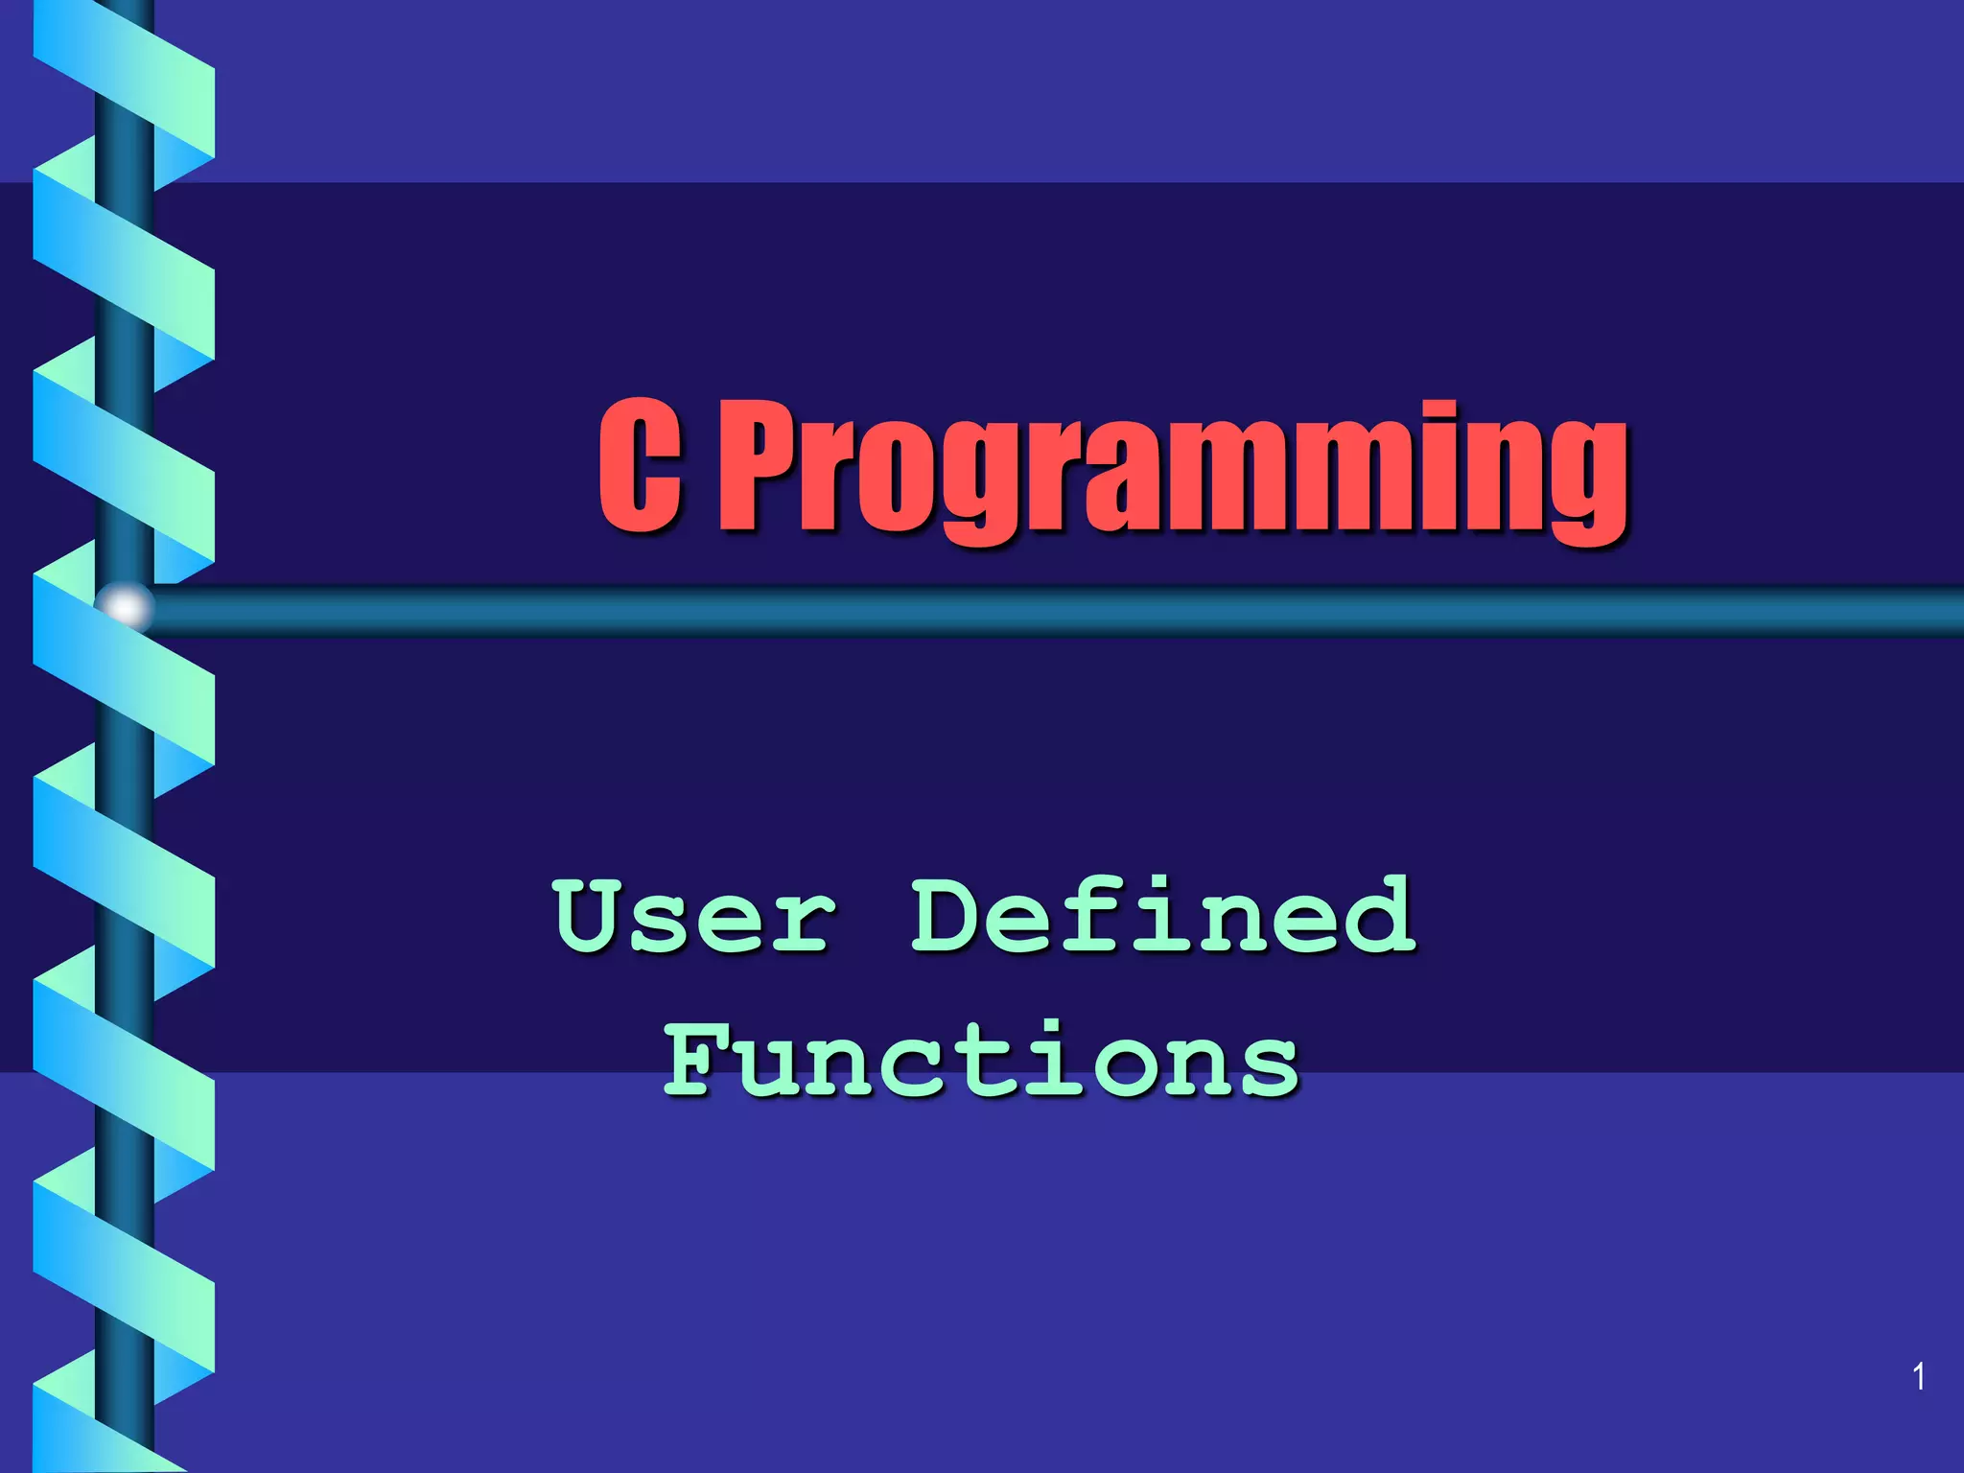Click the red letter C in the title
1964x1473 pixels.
[x=640, y=467]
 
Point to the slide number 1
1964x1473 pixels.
[x=1919, y=1377]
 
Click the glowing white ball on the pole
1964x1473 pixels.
[x=126, y=607]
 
